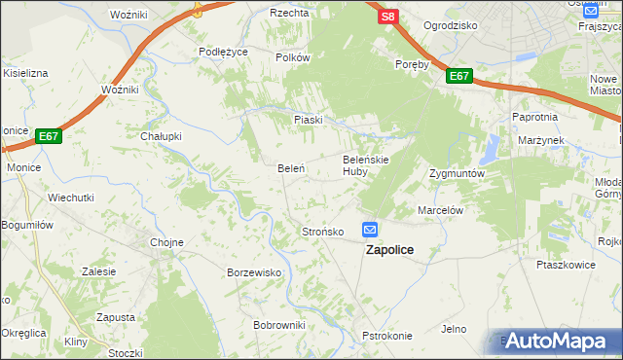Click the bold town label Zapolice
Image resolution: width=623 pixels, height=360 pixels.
pyautogui.click(x=388, y=250)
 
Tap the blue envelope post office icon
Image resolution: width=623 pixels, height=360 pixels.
pyautogui.click(x=371, y=230)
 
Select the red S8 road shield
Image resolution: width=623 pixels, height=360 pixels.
pyautogui.click(x=388, y=17)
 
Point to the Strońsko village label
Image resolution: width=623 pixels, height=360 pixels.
pyautogui.click(x=322, y=232)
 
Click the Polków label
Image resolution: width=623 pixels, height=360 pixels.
pyautogui.click(x=292, y=57)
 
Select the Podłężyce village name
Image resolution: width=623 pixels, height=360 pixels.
pyautogui.click(x=223, y=52)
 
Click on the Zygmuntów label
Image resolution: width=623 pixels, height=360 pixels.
pyautogui.click(x=457, y=173)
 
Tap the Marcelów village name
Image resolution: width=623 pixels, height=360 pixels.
pyautogui.click(x=439, y=209)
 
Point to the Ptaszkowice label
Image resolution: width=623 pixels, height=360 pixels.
pyautogui.click(x=566, y=264)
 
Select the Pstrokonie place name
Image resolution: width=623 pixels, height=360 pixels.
pyautogui.click(x=387, y=336)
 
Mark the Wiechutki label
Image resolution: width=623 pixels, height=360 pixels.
pyautogui.click(x=71, y=197)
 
